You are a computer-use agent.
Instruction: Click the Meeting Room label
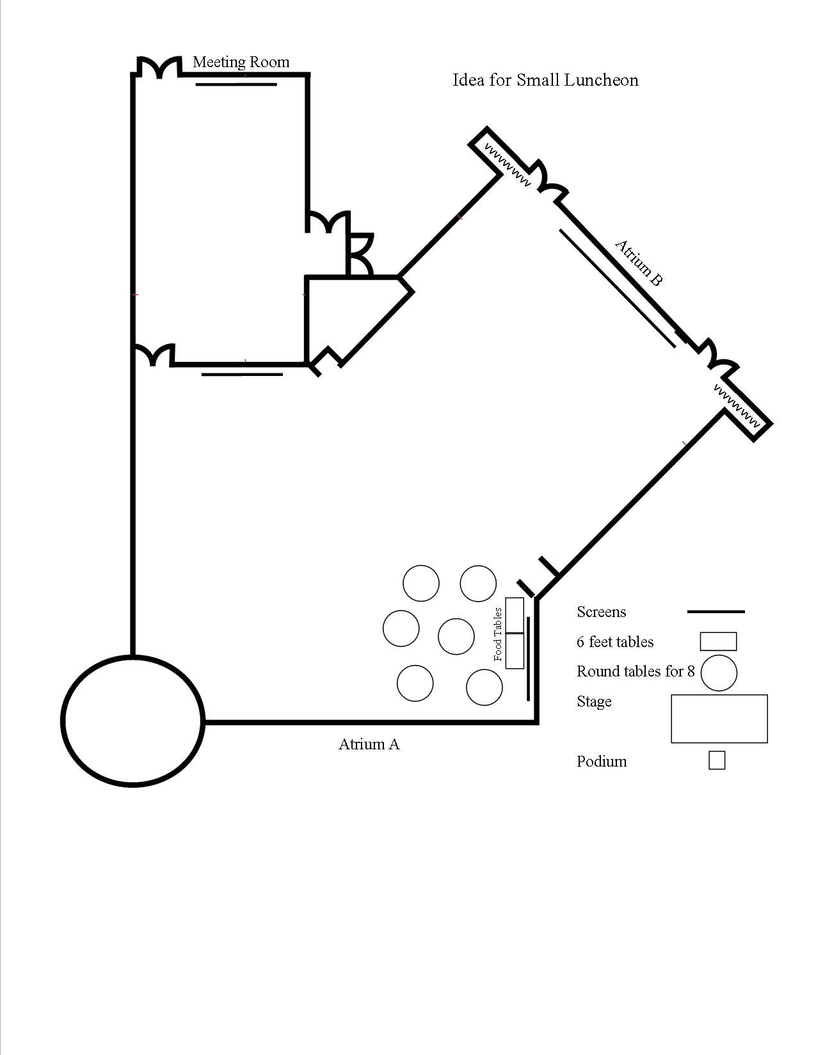[x=241, y=62]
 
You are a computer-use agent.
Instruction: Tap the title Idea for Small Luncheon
[x=545, y=80]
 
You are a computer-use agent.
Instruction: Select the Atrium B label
[x=638, y=263]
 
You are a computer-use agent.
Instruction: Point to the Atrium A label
[x=369, y=744]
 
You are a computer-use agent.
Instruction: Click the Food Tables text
[x=498, y=634]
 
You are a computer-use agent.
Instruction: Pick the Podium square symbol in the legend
[x=717, y=760]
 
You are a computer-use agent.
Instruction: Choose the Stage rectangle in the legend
[x=719, y=719]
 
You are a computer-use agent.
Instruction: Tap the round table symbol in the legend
[x=719, y=673]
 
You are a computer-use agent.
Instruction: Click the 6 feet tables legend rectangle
[x=718, y=641]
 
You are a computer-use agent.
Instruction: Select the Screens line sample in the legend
[x=716, y=612]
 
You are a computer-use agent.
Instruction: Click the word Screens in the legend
[x=601, y=612]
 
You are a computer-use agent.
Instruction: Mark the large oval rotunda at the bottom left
[x=133, y=721]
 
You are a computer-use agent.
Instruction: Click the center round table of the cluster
[x=456, y=636]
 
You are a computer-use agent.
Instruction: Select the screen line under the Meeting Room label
[x=236, y=84]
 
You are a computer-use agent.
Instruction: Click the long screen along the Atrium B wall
[x=617, y=288]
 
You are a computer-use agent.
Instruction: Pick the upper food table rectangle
[x=515, y=615]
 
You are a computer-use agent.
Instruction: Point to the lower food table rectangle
[x=515, y=651]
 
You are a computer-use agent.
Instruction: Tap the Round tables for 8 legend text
[x=635, y=671]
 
